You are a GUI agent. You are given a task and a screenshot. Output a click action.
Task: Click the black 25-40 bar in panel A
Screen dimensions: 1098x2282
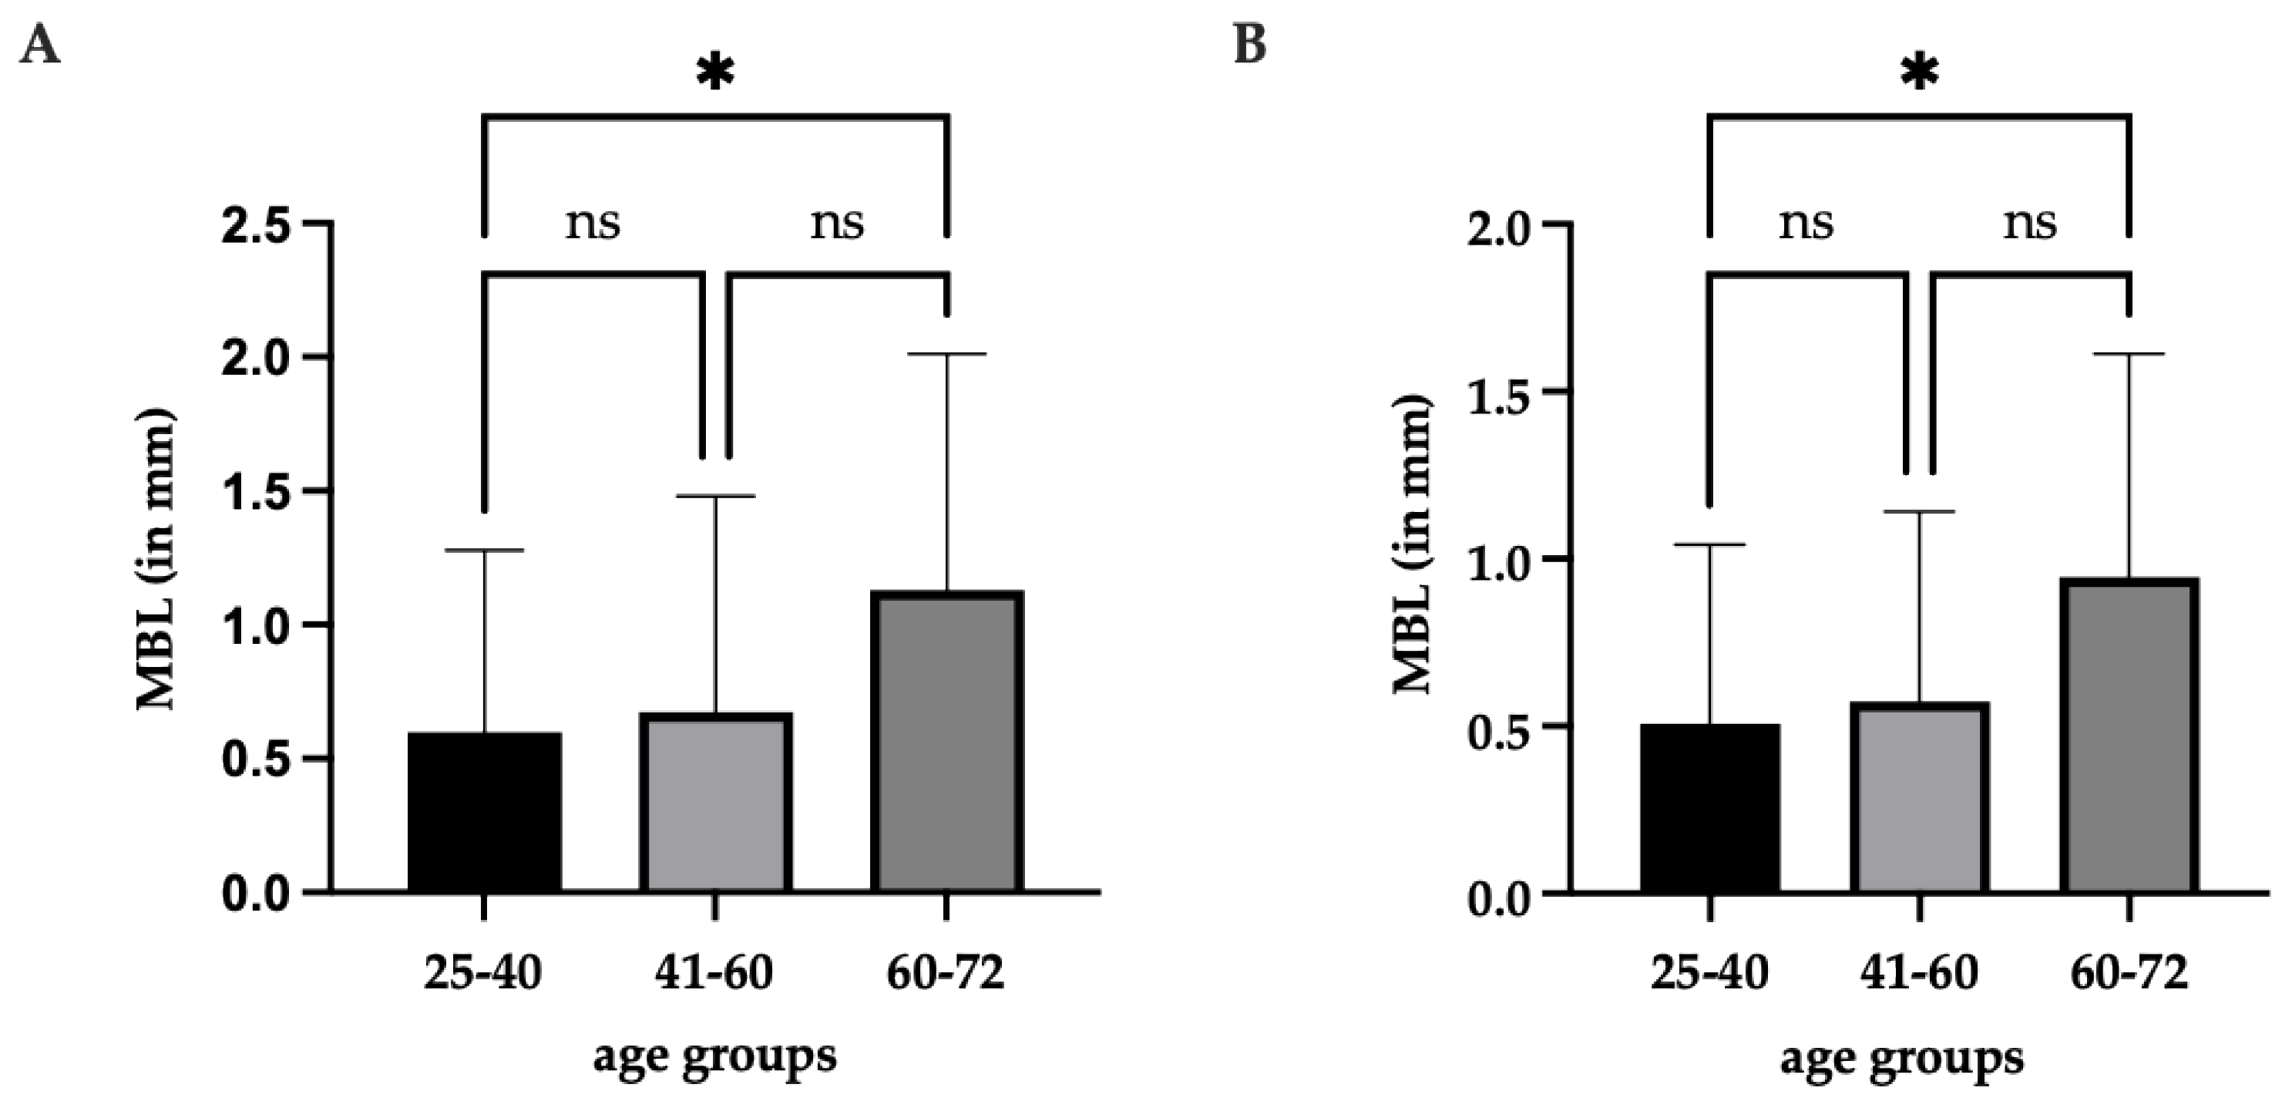pyautogui.click(x=485, y=811)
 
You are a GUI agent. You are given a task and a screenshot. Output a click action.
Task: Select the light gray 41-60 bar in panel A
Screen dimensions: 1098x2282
pyautogui.click(x=715, y=802)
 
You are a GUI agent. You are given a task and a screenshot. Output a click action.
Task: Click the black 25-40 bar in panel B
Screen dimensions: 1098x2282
pyautogui.click(x=1709, y=807)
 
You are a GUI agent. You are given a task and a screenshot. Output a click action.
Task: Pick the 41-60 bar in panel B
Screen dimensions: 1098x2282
pyautogui.click(x=1920, y=797)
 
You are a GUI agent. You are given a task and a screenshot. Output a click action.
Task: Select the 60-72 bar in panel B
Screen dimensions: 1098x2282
pyautogui.click(x=2129, y=735)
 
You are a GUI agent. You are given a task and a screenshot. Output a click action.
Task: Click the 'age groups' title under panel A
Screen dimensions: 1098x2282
pyautogui.click(x=714, y=1057)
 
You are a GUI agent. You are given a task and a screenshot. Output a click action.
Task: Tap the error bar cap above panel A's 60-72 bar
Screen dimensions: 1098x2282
pyautogui.click(x=947, y=355)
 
